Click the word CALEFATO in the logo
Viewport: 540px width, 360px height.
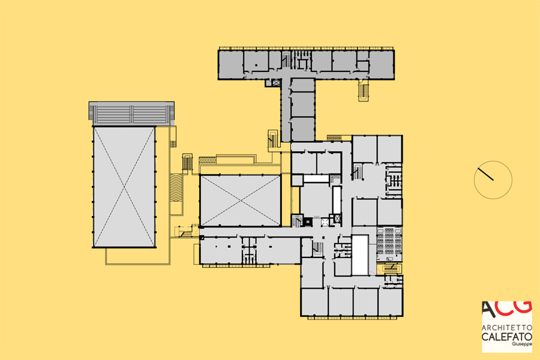tap(506, 337)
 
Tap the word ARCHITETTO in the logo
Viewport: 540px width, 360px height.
tap(506, 327)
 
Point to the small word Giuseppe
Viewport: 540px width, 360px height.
tap(522, 344)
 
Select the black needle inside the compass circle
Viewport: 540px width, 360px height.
tap(485, 174)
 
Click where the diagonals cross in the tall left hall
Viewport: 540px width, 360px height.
tap(124, 187)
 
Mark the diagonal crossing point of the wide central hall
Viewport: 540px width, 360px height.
tap(241, 200)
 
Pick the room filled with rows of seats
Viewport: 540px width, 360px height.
tap(389, 244)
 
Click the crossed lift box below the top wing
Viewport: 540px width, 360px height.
tap(276, 83)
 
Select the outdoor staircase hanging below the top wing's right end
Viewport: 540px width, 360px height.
tap(363, 90)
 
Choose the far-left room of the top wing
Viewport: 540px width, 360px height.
tap(231, 65)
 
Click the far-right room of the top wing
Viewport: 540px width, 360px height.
tap(381, 65)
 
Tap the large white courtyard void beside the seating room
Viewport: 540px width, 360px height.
tap(360, 255)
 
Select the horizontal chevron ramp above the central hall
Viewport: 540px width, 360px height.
tap(208, 160)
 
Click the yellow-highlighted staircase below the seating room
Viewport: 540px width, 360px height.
tap(389, 268)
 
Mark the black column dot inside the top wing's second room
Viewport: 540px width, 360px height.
tap(256, 65)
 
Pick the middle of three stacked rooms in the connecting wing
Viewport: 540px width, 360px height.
tap(303, 104)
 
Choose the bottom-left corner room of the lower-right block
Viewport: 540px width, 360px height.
tap(314, 302)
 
